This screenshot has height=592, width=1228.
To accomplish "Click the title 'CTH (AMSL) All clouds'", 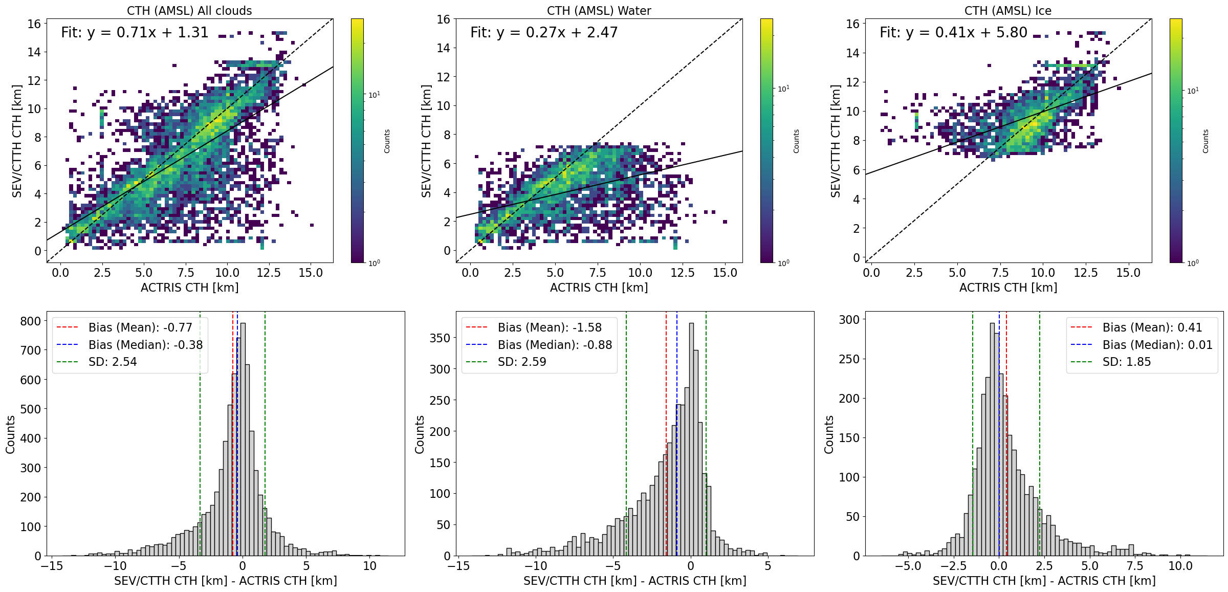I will tap(189, 11).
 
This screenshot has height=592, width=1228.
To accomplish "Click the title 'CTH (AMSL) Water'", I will tap(599, 11).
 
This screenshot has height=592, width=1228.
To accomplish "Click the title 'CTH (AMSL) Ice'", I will tap(1008, 11).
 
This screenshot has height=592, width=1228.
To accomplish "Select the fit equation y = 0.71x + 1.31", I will tap(135, 33).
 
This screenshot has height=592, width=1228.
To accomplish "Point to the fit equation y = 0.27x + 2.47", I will tap(544, 33).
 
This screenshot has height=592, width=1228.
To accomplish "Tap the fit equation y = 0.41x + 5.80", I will tap(953, 33).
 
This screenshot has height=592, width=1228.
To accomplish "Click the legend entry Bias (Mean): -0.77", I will tap(140, 327).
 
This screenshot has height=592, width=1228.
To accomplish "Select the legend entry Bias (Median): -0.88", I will tap(555, 345).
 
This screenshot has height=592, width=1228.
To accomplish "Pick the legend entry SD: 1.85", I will tap(1126, 362).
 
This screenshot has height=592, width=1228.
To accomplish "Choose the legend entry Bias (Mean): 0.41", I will tap(1152, 327).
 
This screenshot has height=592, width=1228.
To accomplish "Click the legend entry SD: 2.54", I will tap(113, 362).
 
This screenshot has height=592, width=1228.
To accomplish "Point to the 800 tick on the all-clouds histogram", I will tap(30, 321).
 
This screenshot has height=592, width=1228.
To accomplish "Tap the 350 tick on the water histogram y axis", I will tap(440, 338).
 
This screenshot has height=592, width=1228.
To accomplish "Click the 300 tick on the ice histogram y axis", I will tap(849, 320).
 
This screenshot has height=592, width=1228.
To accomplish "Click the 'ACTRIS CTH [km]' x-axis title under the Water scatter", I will tap(599, 288).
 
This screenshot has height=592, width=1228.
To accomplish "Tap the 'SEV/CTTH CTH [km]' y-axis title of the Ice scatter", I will tap(836, 141).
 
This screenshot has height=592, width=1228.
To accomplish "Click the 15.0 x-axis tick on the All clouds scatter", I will tap(311, 273).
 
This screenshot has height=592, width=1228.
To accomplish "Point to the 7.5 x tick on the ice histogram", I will tap(1135, 566).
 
